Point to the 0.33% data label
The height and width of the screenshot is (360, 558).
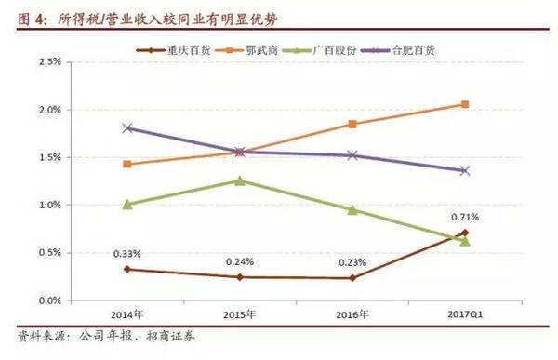click(127, 253)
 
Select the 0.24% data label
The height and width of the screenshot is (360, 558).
click(240, 261)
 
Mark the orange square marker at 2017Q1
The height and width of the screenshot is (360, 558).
click(465, 104)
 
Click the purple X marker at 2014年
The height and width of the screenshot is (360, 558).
click(127, 128)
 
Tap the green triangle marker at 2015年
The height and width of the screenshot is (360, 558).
click(240, 180)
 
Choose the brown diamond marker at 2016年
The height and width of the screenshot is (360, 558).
click(352, 278)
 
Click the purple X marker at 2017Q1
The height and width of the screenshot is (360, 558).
click(465, 171)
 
